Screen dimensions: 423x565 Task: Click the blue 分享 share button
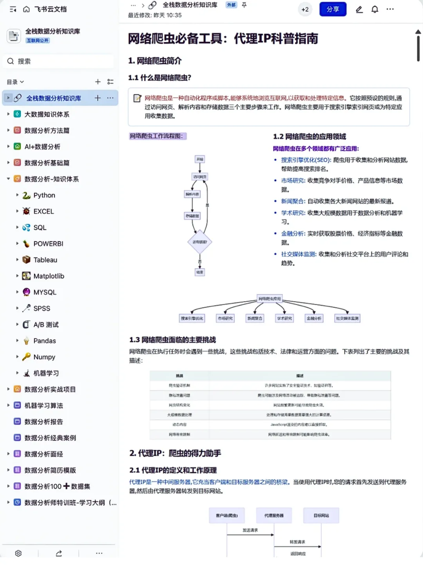click(333, 9)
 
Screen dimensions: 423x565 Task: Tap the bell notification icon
click(375, 9)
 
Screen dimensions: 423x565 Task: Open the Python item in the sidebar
click(44, 195)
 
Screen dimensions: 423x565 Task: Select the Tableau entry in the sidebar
click(45, 260)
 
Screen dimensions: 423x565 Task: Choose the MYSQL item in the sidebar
click(45, 292)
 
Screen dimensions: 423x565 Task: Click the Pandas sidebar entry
click(44, 341)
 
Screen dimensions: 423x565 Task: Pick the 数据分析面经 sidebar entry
click(43, 454)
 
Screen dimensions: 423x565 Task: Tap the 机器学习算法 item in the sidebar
click(43, 406)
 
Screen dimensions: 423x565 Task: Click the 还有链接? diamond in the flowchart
click(200, 242)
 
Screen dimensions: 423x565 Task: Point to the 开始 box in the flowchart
click(200, 159)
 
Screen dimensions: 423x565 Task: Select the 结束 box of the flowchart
click(200, 272)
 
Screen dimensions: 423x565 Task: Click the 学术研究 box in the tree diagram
click(284, 318)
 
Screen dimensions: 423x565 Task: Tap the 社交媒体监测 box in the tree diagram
click(347, 318)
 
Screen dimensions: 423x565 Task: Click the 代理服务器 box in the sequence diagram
click(274, 515)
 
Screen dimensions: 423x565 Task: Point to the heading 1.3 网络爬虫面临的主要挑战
click(173, 340)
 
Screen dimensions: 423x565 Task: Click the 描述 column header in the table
click(300, 376)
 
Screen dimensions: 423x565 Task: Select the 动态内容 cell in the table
click(179, 424)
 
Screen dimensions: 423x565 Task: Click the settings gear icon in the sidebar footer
click(18, 553)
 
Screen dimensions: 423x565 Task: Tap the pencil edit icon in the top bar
click(359, 9)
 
